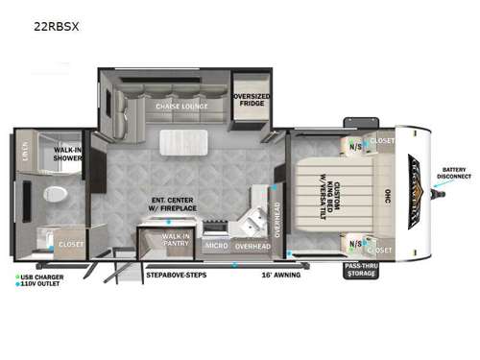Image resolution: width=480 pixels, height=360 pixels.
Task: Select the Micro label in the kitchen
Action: tap(215, 246)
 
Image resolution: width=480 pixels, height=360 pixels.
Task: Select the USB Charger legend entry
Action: tap(42, 277)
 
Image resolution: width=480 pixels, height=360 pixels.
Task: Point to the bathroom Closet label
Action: tap(72, 245)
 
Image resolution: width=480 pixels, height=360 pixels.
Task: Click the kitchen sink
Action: tap(252, 224)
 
